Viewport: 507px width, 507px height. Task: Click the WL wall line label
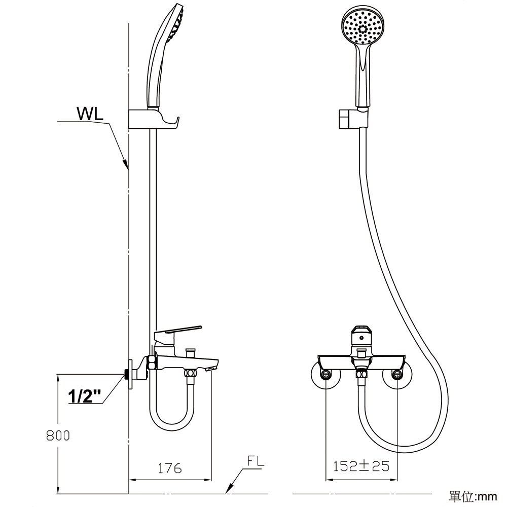click(90, 113)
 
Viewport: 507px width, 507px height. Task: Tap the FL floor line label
click(256, 461)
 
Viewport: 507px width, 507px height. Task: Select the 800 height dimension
click(58, 436)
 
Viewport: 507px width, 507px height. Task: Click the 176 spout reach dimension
click(170, 468)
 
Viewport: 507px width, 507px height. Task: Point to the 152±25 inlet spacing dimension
click(361, 466)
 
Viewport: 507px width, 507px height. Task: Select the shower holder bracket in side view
click(154, 120)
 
